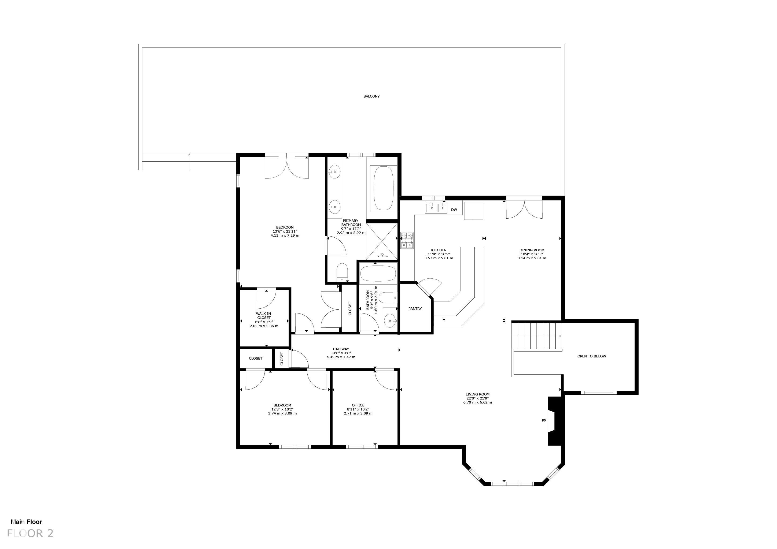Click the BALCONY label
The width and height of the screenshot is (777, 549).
(371, 96)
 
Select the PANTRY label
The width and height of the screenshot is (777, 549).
(415, 309)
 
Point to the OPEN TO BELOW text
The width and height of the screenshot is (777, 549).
(592, 356)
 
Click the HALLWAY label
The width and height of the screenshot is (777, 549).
(341, 349)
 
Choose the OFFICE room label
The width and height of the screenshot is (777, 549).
(358, 405)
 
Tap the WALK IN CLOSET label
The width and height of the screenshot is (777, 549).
(264, 316)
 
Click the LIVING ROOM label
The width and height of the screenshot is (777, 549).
(477, 394)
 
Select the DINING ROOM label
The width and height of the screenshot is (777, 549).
(532, 250)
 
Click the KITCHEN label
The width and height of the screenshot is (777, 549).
(439, 250)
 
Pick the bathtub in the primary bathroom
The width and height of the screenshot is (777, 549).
(384, 188)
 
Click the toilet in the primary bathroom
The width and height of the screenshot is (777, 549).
(343, 272)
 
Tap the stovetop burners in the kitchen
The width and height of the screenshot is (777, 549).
(407, 240)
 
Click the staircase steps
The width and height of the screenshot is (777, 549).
(536, 336)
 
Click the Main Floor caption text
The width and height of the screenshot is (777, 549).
(26, 522)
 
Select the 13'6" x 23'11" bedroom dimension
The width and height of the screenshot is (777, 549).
(285, 231)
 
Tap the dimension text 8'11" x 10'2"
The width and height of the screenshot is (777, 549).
(358, 409)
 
